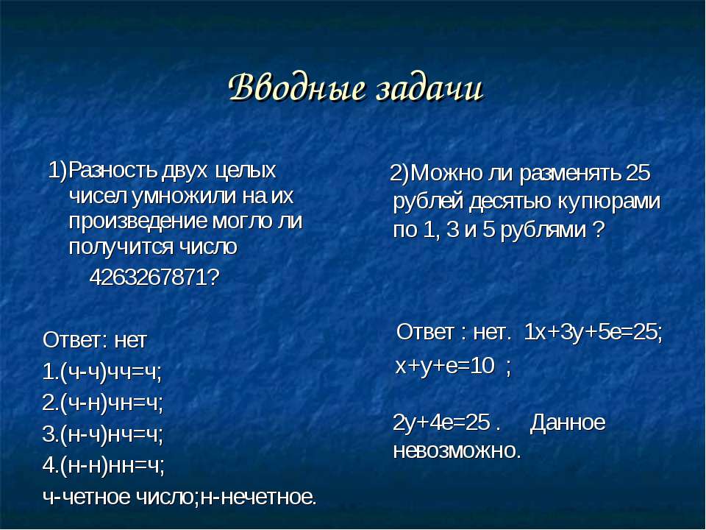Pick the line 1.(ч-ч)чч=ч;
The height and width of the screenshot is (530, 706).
(101, 372)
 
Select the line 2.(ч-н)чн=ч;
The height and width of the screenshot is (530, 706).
(102, 403)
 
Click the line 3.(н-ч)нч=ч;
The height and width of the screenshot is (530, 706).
(102, 434)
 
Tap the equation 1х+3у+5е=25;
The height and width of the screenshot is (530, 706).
(593, 333)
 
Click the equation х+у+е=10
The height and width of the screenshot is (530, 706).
(445, 366)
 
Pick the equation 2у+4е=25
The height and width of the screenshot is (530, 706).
(441, 423)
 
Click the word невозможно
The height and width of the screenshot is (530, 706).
(457, 451)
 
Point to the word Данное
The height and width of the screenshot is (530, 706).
(567, 423)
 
